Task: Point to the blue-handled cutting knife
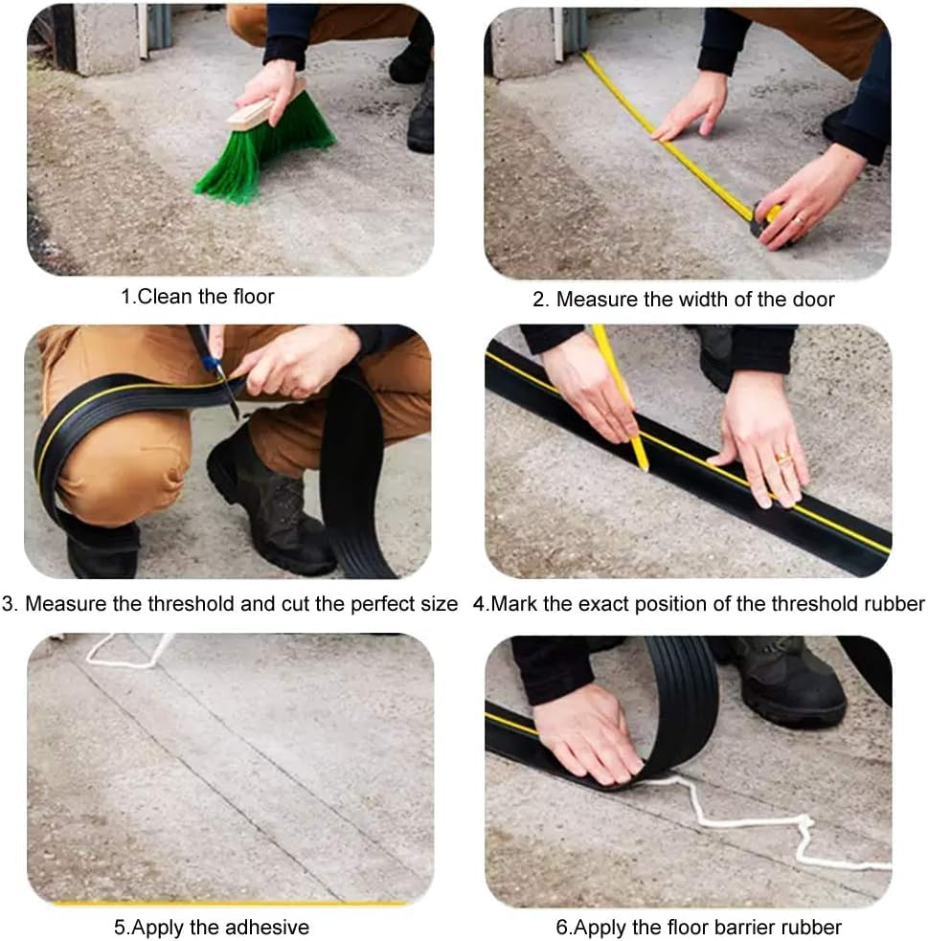216,369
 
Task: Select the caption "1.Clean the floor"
196,297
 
